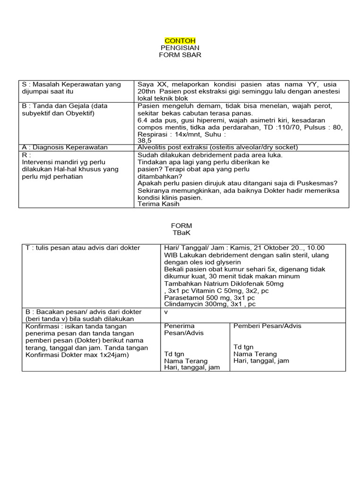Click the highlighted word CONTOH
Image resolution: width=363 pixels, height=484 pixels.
coord(180,41)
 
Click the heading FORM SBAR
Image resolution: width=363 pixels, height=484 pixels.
coord(180,55)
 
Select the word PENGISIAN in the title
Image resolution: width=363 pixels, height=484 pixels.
coord(180,48)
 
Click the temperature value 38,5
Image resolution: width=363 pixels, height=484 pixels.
coord(145,141)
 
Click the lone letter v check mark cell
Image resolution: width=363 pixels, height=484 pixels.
coord(166,312)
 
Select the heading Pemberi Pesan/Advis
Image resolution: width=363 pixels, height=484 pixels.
coord(267,326)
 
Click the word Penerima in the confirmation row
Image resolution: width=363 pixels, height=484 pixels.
coord(179,326)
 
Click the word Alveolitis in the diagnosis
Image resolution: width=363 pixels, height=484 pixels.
coord(154,147)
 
